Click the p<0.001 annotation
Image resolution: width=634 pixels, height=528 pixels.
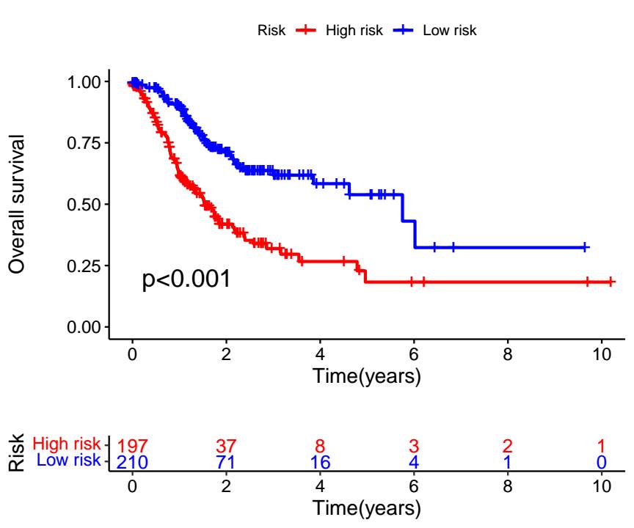(x=186, y=279)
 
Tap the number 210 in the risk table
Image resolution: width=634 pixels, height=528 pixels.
(x=132, y=462)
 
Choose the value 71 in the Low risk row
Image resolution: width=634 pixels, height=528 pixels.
(x=226, y=462)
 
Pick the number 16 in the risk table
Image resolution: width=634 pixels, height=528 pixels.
(x=320, y=462)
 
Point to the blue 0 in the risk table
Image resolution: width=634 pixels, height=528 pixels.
(x=602, y=462)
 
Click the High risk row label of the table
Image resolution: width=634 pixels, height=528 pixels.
(x=66, y=444)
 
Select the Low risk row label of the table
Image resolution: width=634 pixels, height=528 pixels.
(x=68, y=459)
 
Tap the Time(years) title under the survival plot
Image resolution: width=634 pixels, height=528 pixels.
(x=366, y=377)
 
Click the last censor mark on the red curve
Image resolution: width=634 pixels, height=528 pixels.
(x=611, y=282)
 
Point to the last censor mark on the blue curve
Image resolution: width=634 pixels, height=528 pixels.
(x=585, y=247)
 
